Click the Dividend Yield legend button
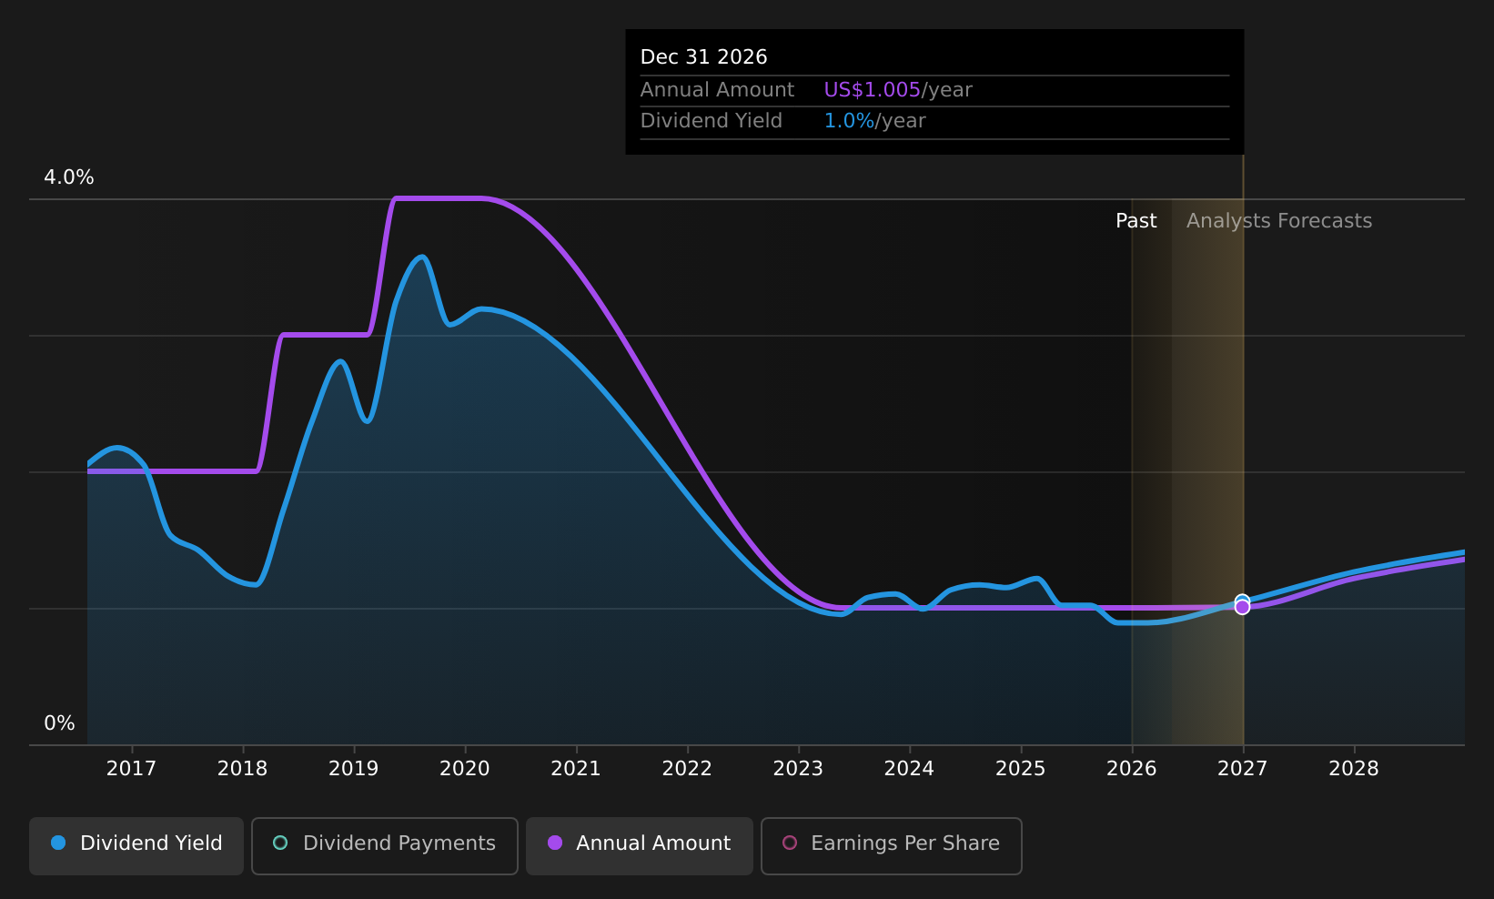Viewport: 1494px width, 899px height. tap(136, 845)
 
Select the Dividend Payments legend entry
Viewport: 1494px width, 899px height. tap(385, 845)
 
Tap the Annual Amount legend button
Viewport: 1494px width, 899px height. tap(639, 845)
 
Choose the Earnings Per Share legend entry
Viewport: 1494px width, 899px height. tap(891, 845)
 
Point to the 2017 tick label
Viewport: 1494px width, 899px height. tap(131, 769)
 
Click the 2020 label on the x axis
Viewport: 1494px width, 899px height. tap(465, 769)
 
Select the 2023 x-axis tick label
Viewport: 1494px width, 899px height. tap(798, 769)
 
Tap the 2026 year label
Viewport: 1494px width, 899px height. tap(1132, 769)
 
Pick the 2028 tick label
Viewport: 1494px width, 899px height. tap(1354, 769)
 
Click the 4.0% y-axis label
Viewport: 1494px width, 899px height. tap(69, 177)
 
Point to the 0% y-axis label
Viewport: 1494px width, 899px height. tap(59, 723)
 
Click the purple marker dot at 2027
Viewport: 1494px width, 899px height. tap(1242, 607)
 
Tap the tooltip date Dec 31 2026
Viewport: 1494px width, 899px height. tap(703, 57)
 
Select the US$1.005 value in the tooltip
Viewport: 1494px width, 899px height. tap(873, 90)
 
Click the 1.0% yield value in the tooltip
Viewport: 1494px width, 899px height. tap(849, 121)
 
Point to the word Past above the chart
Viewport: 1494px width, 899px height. tap(1136, 221)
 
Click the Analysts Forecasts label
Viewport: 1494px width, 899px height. tap(1279, 221)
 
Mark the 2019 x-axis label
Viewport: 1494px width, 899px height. tap(354, 769)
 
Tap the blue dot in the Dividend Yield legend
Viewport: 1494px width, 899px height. tap(59, 843)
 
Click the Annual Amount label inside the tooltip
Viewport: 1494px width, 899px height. tap(717, 90)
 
